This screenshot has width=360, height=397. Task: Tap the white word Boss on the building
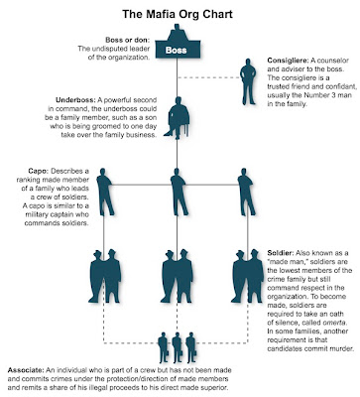pos(176,49)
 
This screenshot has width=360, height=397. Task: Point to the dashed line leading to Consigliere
pos(211,76)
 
